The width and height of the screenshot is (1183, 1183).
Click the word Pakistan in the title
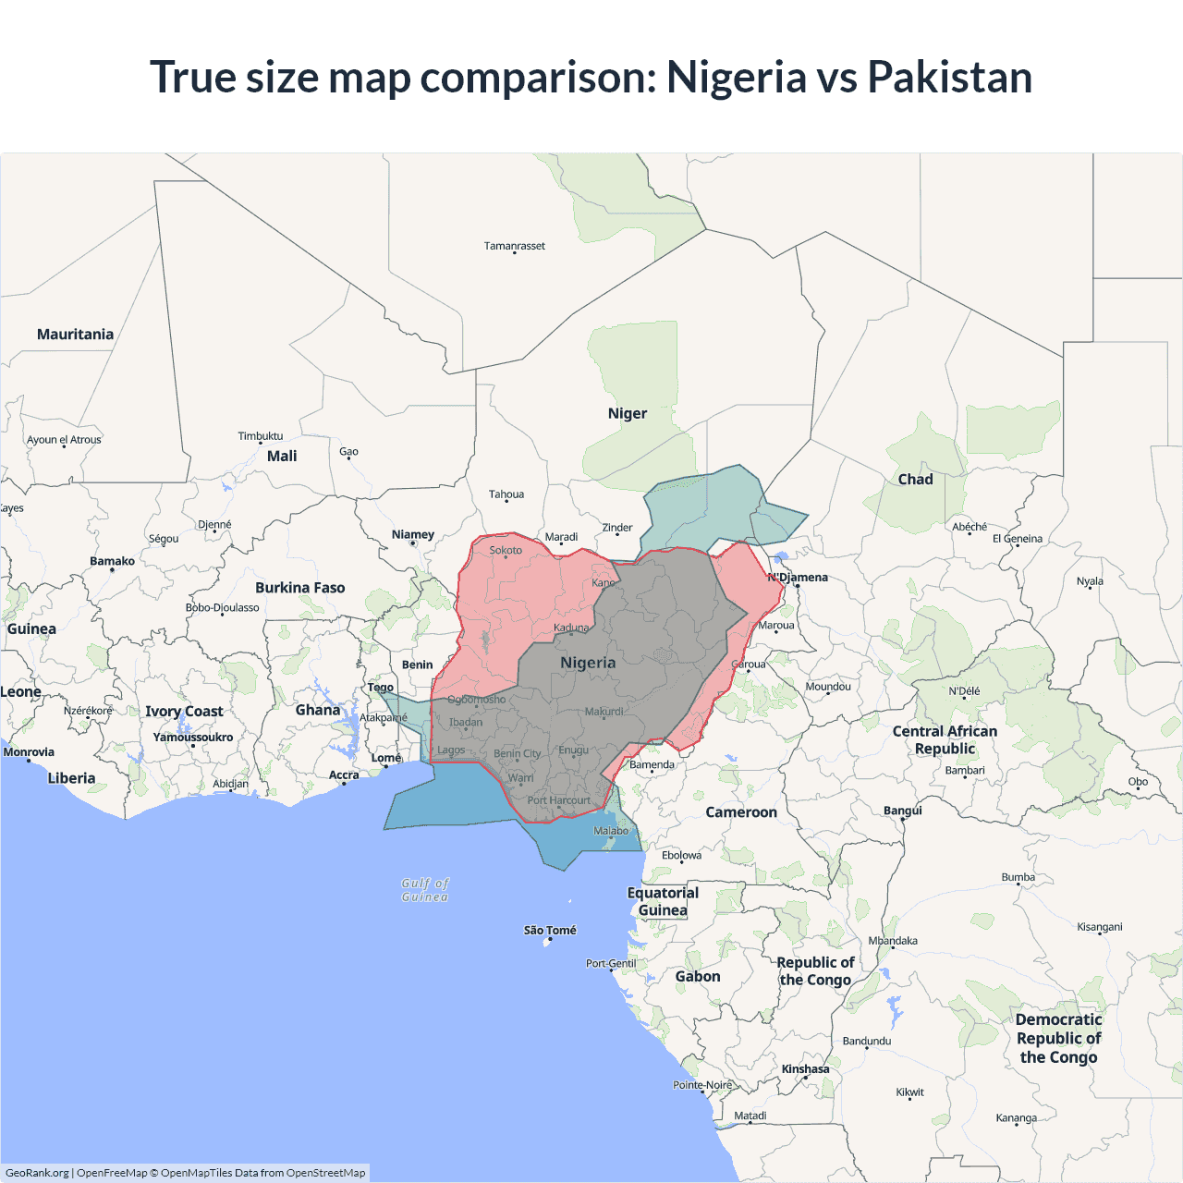(949, 77)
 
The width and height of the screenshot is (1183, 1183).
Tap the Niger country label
(628, 413)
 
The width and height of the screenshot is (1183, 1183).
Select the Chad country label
(915, 479)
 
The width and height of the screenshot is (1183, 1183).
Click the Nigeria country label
(588, 663)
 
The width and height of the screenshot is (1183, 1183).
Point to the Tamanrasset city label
(515, 246)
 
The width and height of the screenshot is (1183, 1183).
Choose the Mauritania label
(75, 335)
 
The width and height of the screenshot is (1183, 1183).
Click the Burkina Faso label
(300, 588)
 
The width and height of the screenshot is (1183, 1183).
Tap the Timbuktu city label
(261, 436)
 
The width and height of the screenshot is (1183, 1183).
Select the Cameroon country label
(741, 812)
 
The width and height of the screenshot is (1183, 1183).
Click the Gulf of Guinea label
(425, 890)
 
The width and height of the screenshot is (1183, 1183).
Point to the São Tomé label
(550, 930)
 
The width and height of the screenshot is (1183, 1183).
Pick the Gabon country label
(698, 977)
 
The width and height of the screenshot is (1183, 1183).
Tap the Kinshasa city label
(806, 1069)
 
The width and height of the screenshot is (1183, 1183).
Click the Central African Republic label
(945, 739)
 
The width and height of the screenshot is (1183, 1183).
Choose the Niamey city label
(413, 534)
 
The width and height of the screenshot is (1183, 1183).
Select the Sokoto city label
(506, 550)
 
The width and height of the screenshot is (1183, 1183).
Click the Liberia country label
(71, 778)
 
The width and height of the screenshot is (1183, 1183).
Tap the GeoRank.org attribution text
(37, 1173)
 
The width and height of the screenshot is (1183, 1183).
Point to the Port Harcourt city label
(558, 800)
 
